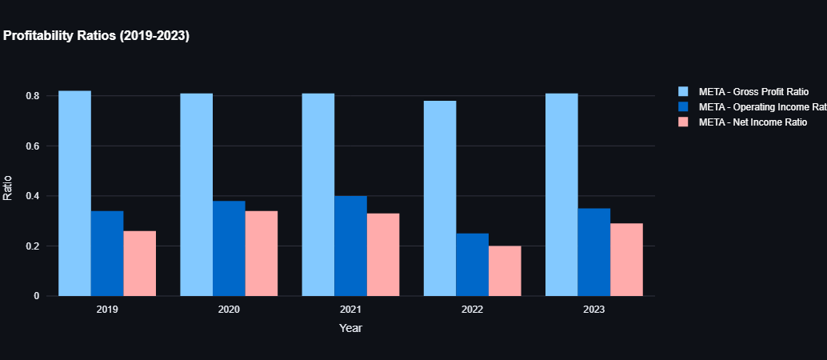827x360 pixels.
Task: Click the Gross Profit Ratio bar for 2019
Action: (74, 194)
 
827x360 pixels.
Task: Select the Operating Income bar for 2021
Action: (350, 246)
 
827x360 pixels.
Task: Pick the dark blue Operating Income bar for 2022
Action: (472, 264)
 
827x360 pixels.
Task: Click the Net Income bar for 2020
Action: (261, 253)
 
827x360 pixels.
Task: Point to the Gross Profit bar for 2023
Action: (561, 194)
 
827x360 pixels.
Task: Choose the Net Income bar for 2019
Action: (139, 263)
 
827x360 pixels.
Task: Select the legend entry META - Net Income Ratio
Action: (753, 122)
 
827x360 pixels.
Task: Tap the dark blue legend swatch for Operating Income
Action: (683, 107)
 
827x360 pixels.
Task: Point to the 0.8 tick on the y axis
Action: (32, 96)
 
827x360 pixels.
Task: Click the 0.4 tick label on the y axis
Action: (32, 196)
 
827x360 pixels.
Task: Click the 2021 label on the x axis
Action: (350, 310)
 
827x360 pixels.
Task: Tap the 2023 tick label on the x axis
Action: (593, 310)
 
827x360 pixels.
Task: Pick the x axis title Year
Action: (350, 328)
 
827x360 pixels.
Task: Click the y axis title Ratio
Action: (8, 188)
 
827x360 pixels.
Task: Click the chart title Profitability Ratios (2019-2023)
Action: (96, 36)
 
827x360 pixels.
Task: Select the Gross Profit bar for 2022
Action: (440, 198)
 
